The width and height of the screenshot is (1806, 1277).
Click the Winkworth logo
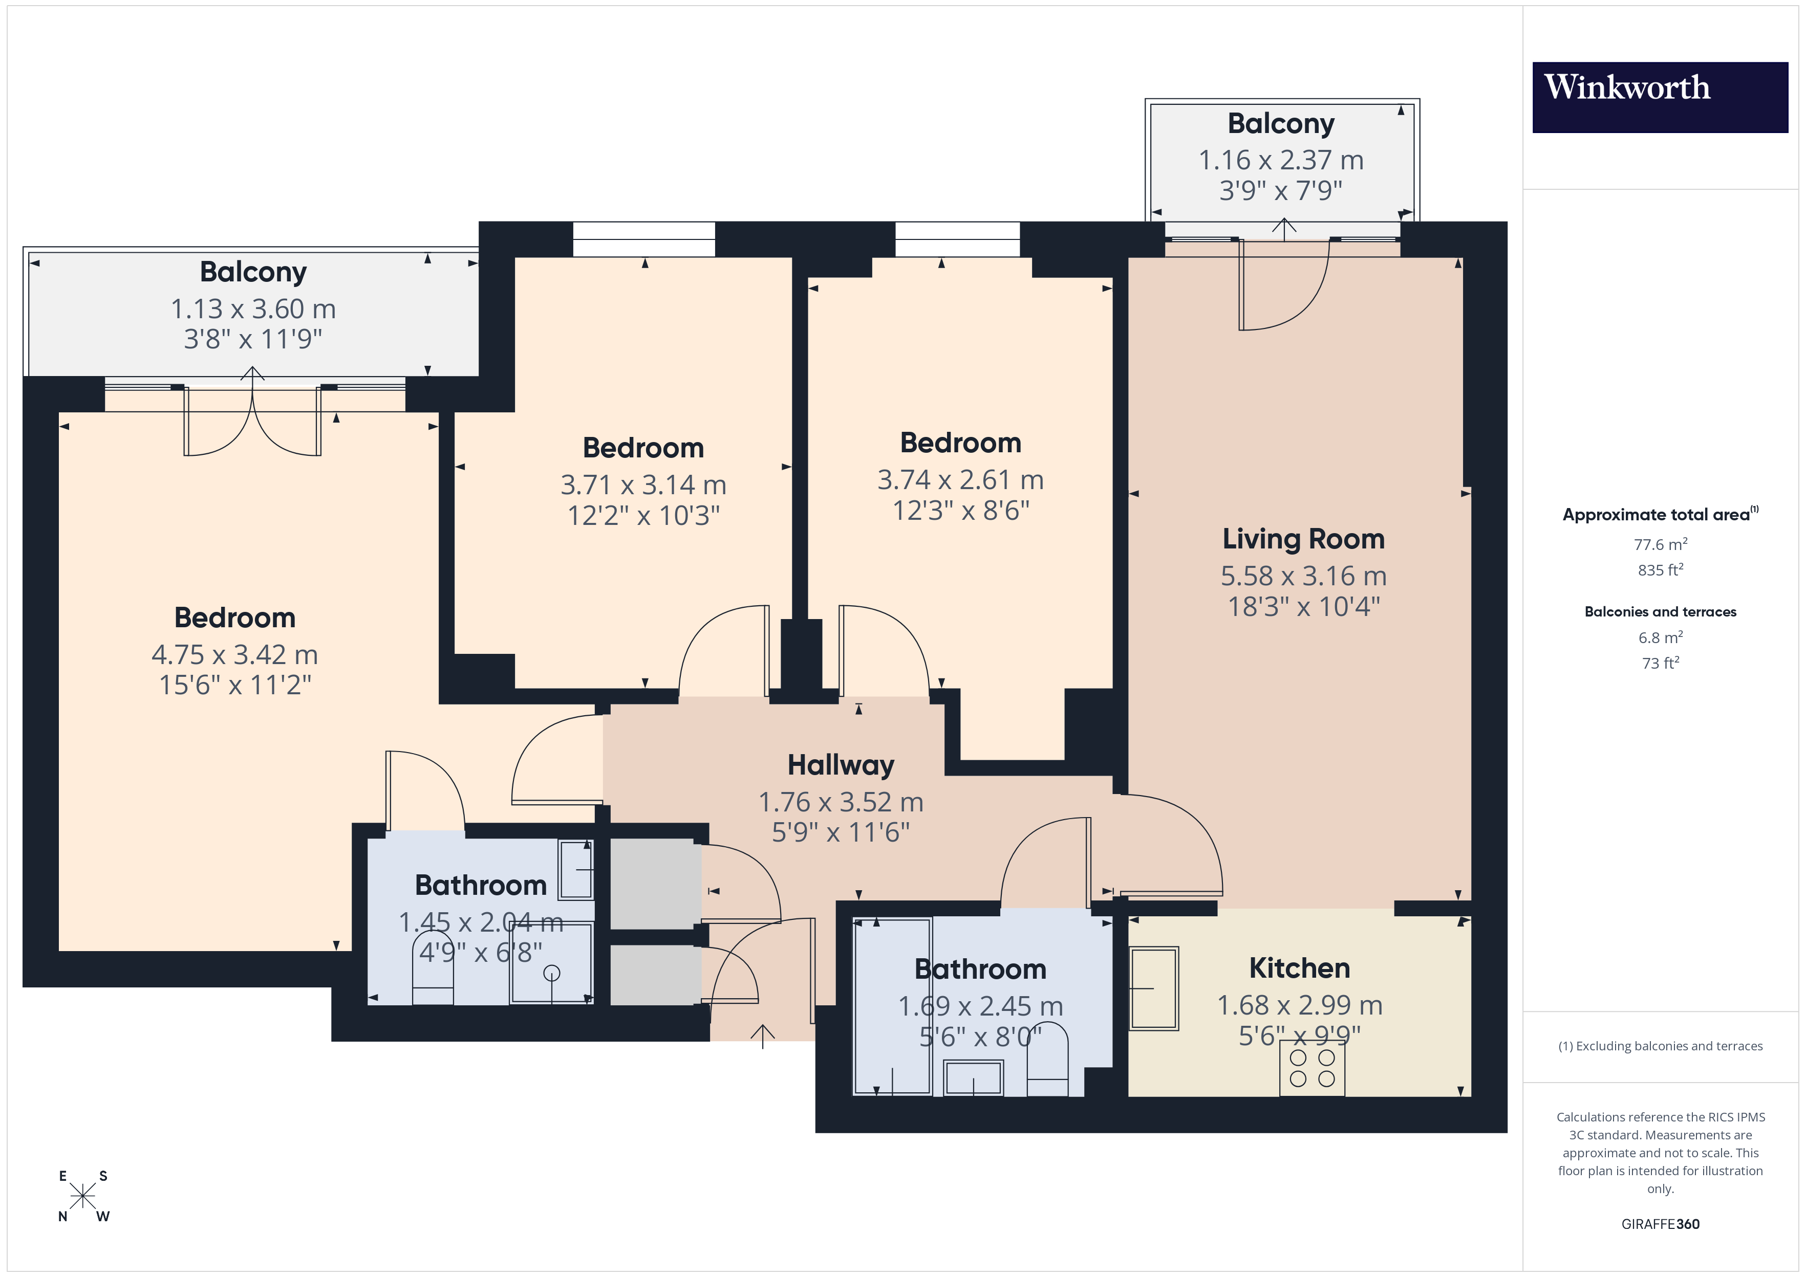[x=1659, y=97]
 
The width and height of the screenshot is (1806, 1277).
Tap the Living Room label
[x=1303, y=539]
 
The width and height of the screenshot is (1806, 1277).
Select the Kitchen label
[x=1299, y=968]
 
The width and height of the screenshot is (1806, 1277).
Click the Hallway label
[x=840, y=765]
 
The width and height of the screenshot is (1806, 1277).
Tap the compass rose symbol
[x=82, y=1196]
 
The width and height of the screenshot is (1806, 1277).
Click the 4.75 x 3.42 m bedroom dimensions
[x=234, y=654]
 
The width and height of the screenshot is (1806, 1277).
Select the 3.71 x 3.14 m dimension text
[x=642, y=485]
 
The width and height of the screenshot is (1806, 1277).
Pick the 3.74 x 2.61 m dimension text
[x=960, y=480]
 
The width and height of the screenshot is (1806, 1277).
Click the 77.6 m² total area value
[x=1660, y=544]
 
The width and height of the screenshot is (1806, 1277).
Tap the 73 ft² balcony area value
[x=1660, y=663]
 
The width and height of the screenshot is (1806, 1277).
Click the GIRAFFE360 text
[x=1660, y=1223]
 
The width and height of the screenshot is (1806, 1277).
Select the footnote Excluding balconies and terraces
[x=1660, y=1046]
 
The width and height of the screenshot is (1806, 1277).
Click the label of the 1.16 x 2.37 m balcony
[x=1281, y=123]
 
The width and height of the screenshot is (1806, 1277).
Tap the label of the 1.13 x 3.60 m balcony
[x=252, y=272]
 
